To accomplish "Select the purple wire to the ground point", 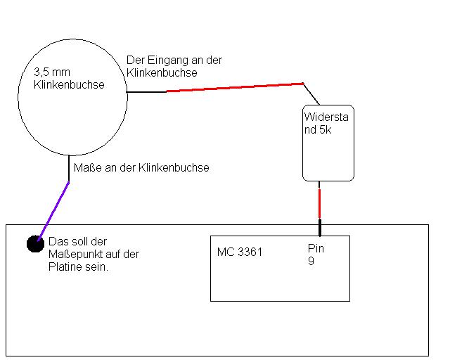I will (53, 210).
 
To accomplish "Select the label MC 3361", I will (240, 252).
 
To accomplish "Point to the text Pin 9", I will (316, 255).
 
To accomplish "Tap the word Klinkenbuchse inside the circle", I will (69, 85).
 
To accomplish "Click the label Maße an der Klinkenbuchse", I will (141, 168).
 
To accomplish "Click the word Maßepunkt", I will (76, 254).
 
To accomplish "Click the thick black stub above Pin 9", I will (320, 228).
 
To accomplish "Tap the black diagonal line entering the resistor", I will (311, 94).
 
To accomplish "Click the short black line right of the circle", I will (146, 91).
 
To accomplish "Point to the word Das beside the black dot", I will (57, 241).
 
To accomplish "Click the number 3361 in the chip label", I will (249, 252).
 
